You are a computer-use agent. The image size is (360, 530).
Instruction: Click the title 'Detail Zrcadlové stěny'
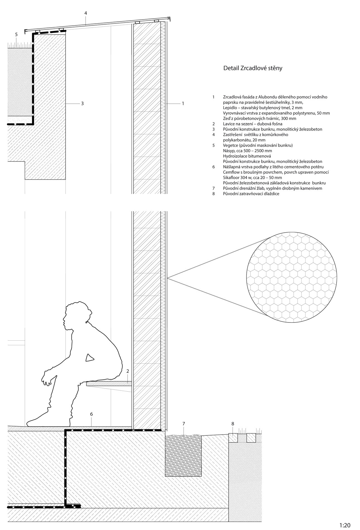[253, 68]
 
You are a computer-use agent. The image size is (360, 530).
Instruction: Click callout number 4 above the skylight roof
[86, 13]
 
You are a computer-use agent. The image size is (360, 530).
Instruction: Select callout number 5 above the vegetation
[16, 35]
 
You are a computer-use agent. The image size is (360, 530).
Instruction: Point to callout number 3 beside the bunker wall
[82, 103]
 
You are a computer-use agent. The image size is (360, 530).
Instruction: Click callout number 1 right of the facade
[183, 103]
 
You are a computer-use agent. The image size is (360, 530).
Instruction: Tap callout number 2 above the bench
[128, 371]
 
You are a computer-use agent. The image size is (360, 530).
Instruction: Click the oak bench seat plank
[109, 384]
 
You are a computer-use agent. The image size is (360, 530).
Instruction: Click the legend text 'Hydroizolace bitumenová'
[247, 156]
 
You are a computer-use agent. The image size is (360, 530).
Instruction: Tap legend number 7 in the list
[214, 189]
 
